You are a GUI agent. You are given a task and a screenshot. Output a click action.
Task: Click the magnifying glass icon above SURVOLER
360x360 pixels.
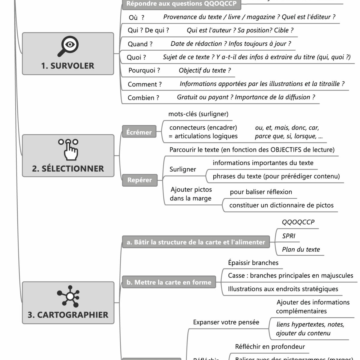click(68, 46)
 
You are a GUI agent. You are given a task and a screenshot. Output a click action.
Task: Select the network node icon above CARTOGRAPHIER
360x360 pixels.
click(69, 296)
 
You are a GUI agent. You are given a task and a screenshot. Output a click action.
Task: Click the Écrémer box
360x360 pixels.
click(139, 132)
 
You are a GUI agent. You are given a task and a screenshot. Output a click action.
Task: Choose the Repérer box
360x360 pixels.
click(139, 180)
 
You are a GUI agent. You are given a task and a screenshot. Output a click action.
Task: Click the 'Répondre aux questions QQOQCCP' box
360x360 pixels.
click(181, 4)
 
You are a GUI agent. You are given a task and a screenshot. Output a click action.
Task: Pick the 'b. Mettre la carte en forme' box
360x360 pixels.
click(169, 282)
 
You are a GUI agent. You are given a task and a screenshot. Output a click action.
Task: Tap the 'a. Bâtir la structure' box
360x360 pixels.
click(196, 242)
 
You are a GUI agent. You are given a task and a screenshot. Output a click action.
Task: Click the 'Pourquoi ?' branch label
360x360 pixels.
click(144, 70)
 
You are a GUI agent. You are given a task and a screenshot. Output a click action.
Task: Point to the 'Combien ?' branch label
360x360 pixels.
click(143, 98)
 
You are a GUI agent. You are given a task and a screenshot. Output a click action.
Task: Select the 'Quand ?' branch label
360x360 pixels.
click(140, 44)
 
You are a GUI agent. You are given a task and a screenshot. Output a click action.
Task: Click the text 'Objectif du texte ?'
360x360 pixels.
click(205, 70)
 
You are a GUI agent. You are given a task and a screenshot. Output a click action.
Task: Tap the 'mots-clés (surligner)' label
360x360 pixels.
click(198, 114)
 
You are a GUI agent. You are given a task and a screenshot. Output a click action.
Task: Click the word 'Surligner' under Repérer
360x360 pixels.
click(183, 169)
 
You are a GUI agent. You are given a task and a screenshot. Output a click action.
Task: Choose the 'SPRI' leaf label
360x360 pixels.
click(289, 236)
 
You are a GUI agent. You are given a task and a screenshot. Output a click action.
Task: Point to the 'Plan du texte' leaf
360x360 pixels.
click(301, 249)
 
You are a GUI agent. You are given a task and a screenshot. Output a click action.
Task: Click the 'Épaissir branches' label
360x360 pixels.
click(253, 263)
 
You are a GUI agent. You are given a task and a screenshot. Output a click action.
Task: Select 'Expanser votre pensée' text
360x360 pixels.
click(226, 322)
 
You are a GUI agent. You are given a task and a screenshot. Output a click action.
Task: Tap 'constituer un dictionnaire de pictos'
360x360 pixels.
click(281, 205)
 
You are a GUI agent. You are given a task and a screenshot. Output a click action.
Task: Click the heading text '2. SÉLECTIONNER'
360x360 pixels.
click(68, 169)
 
